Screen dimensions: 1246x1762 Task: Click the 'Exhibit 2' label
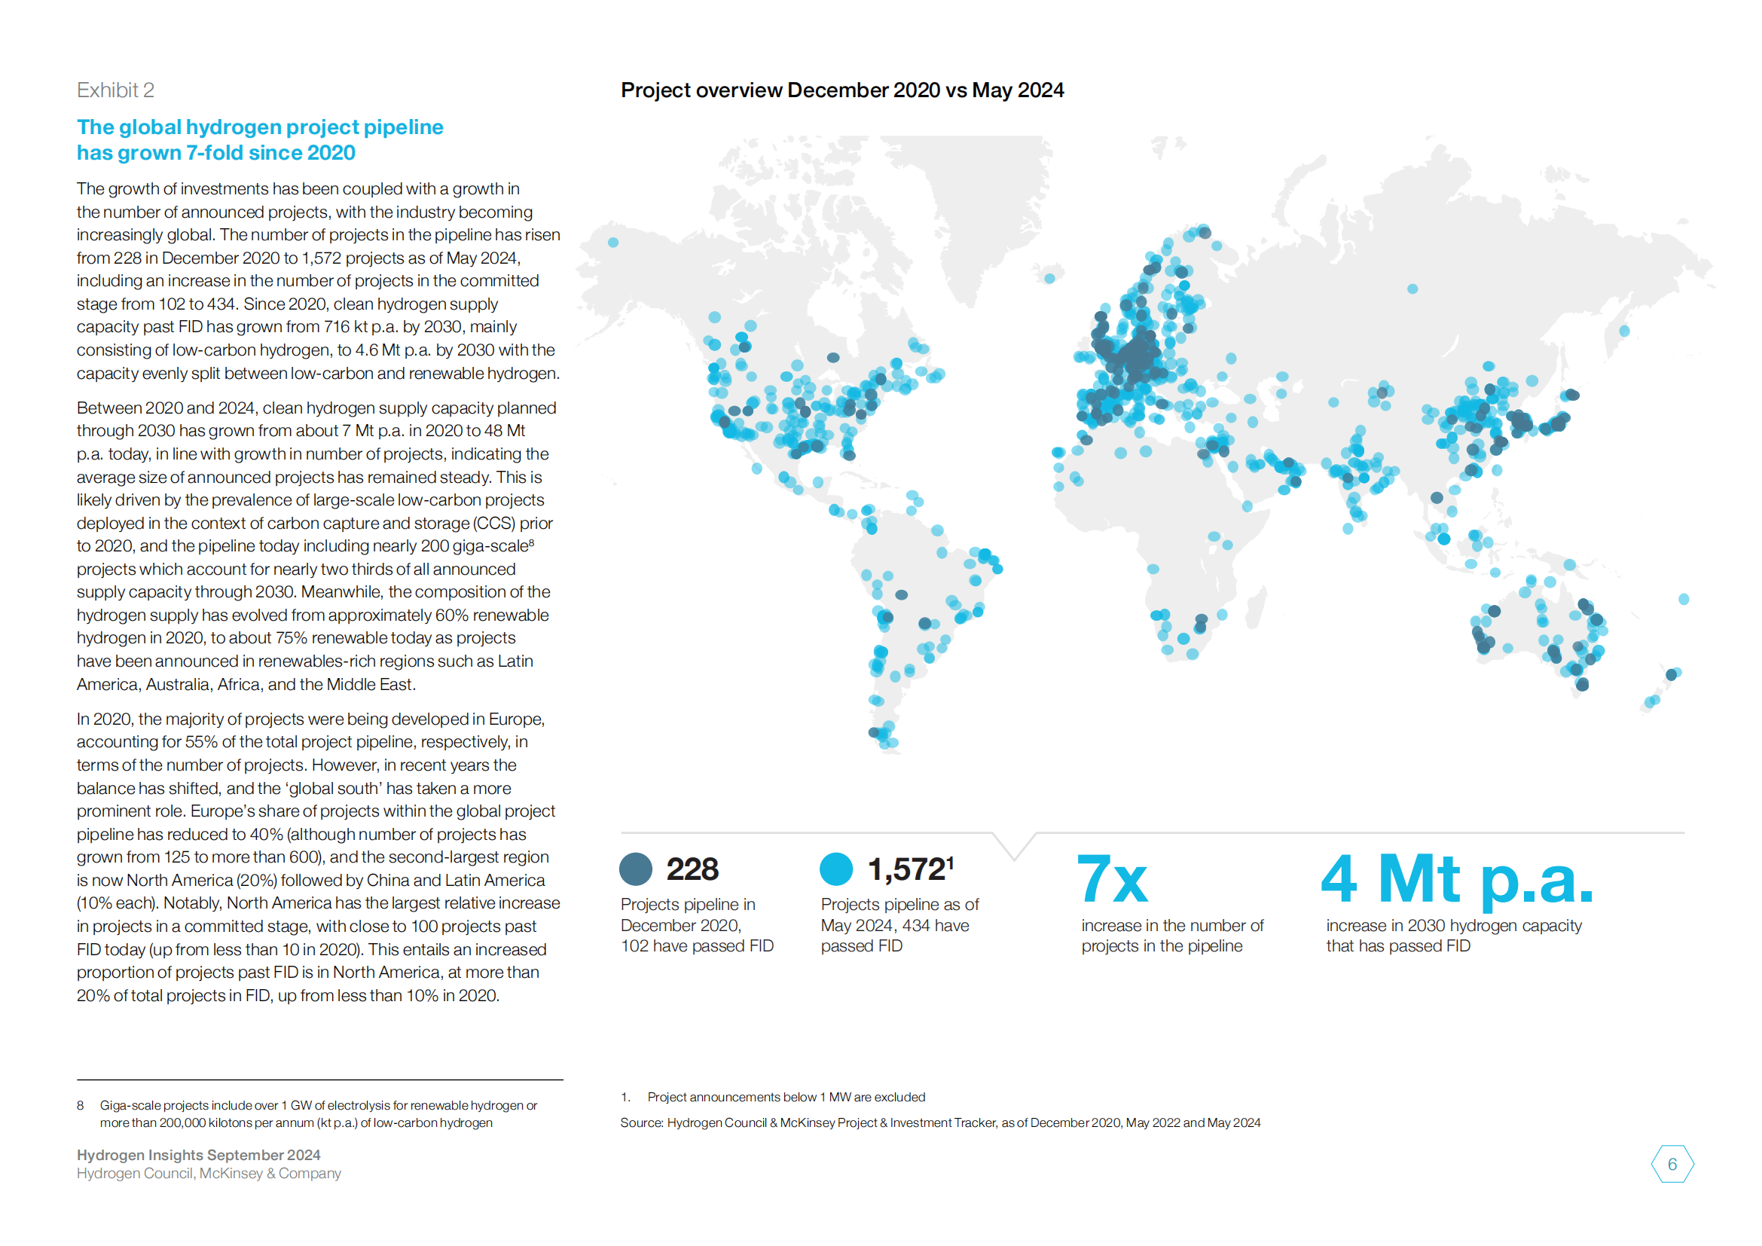click(x=115, y=90)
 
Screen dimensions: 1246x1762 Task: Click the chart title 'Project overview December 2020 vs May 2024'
click(x=842, y=90)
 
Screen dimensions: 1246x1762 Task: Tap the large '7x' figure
click(x=1112, y=879)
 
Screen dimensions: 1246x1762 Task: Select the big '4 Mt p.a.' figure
click(x=1457, y=879)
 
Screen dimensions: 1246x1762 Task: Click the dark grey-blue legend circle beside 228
click(x=636, y=869)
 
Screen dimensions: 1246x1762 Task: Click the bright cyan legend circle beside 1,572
click(x=835, y=869)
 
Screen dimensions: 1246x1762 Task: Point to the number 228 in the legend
click(x=692, y=869)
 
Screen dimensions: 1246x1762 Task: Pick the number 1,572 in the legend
click(x=906, y=869)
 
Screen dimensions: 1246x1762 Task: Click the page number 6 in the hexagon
click(x=1672, y=1164)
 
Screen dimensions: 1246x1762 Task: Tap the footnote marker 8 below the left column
click(x=81, y=1106)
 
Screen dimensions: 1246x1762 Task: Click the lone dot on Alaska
click(x=613, y=243)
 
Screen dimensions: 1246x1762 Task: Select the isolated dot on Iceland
click(x=1049, y=279)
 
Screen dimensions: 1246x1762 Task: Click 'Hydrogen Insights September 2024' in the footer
click(x=199, y=1155)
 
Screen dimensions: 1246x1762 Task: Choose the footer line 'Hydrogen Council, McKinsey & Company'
click(x=209, y=1173)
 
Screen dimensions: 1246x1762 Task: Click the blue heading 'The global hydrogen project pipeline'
click(x=260, y=127)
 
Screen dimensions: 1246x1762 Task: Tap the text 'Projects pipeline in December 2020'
click(x=688, y=915)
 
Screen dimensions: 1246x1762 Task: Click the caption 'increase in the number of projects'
click(x=1172, y=936)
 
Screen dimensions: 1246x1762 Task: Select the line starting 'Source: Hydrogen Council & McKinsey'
click(x=940, y=1122)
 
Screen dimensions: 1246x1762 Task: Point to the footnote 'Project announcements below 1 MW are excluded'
click(x=786, y=1097)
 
